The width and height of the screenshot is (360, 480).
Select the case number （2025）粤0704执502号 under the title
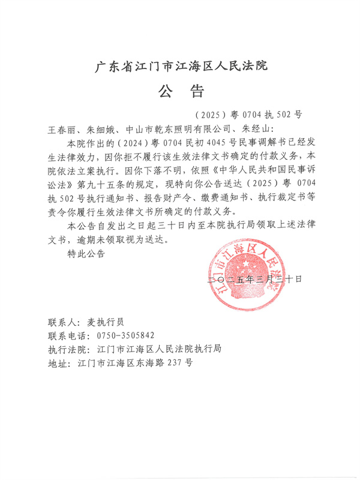pos(250,115)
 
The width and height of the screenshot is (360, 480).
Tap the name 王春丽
pos(62,129)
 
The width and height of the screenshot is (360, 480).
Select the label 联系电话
pos(66,335)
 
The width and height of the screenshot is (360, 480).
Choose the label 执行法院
pos(66,349)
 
